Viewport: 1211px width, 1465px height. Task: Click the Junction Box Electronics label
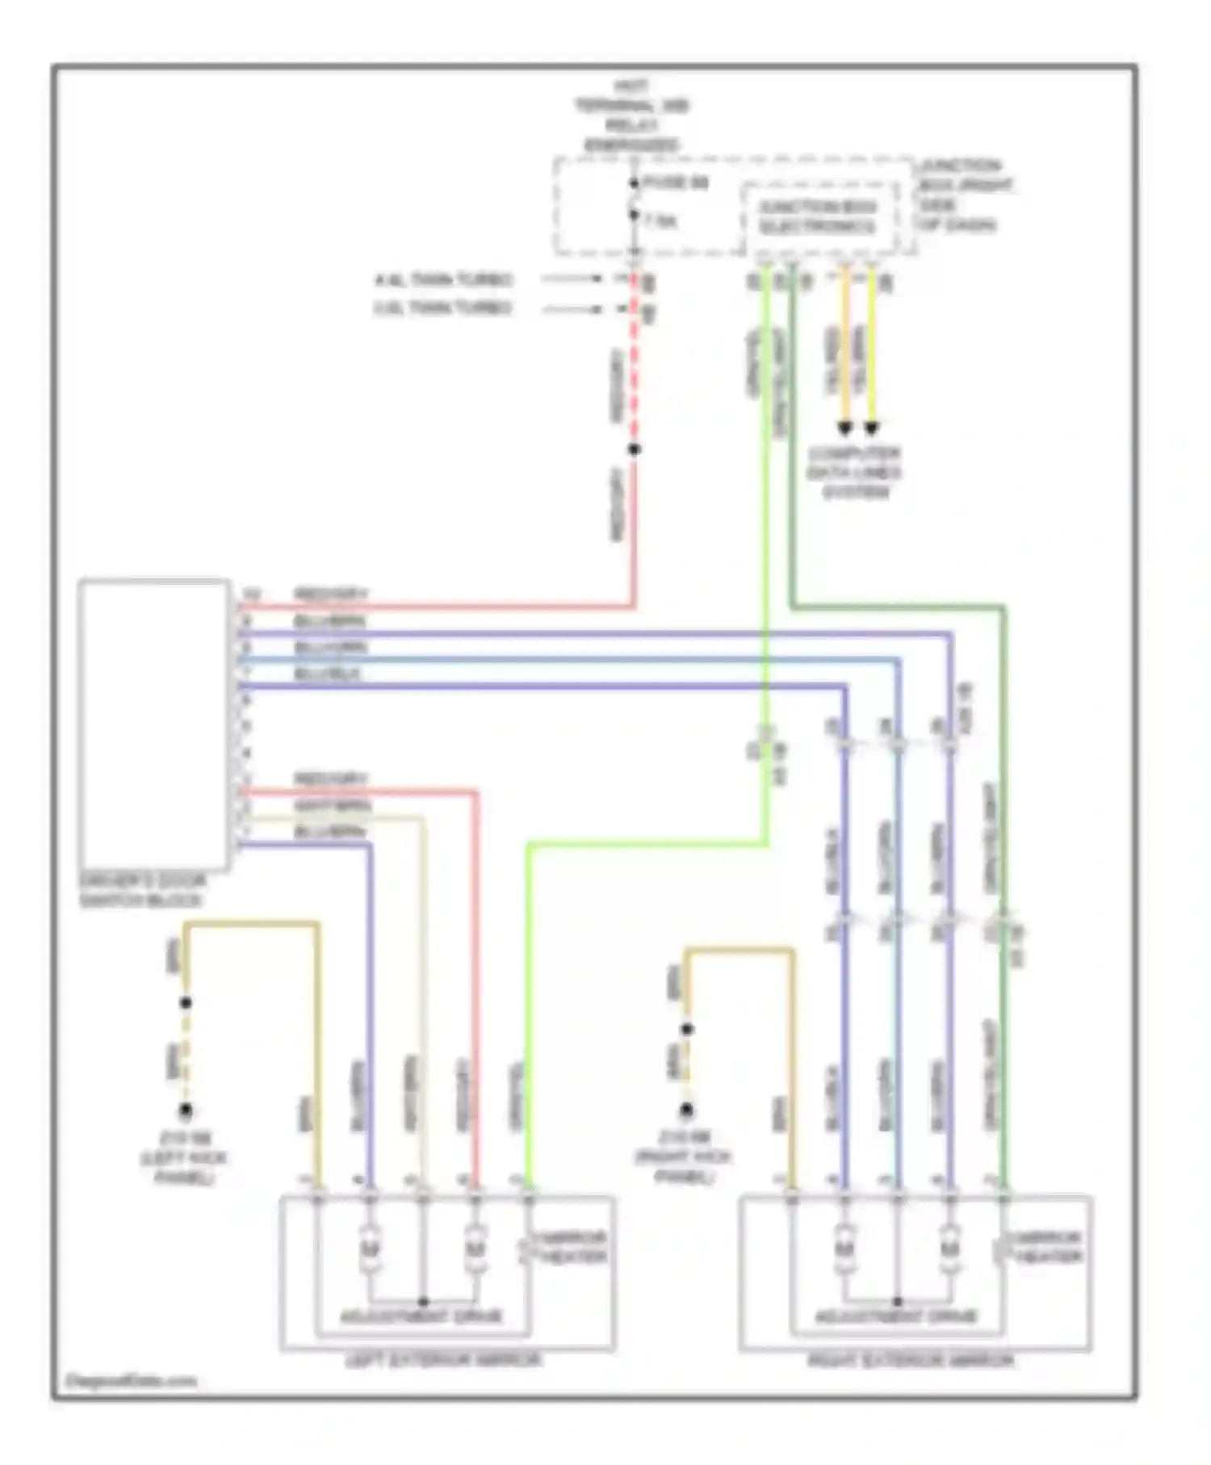tap(817, 217)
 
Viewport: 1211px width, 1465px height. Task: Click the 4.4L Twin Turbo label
tap(443, 280)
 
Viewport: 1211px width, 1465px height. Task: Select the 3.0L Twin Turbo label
tap(443, 308)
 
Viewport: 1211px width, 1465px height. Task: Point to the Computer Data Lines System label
tap(854, 472)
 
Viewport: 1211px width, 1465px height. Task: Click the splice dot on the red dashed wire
tap(635, 449)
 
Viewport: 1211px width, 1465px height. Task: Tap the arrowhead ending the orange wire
tap(844, 427)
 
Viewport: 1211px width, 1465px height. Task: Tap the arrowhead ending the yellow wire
tap(871, 427)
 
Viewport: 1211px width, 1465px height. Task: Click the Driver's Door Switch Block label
tap(142, 890)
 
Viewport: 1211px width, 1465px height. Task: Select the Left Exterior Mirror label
tap(443, 1360)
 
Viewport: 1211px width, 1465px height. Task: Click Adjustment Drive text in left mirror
tap(421, 1316)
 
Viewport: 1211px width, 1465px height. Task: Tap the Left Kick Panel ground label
tap(184, 1157)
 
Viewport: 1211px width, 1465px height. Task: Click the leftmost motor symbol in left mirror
tap(369, 1249)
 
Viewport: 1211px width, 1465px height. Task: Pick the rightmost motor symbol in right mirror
tap(949, 1249)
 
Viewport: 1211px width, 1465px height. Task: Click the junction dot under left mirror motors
tap(422, 1301)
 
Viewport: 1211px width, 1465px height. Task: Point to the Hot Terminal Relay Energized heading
tap(631, 115)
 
